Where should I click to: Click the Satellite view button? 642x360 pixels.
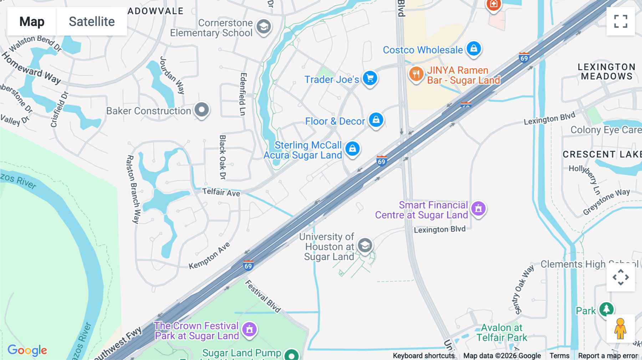(92, 22)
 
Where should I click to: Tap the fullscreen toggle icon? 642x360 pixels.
(621, 21)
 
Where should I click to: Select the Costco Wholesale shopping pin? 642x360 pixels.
(474, 48)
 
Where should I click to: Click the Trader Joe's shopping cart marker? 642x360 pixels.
(370, 78)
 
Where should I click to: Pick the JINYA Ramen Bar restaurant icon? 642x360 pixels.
(416, 74)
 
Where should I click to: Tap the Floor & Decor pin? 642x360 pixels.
(376, 120)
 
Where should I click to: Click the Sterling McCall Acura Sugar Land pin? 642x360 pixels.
(352, 149)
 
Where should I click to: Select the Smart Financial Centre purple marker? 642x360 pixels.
(478, 209)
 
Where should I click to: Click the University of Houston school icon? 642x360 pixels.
(365, 246)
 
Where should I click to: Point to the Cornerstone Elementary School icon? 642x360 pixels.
(264, 27)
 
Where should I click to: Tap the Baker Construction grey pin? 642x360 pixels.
(202, 110)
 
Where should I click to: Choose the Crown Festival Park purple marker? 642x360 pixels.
(249, 329)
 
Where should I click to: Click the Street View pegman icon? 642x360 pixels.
(620, 329)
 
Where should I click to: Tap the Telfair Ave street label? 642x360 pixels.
(221, 192)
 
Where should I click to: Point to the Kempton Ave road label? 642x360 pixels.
(209, 256)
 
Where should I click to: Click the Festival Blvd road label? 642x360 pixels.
(263, 296)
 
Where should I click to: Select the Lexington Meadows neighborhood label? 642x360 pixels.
(606, 72)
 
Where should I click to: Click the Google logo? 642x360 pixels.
(27, 350)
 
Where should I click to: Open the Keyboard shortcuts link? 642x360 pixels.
(423, 356)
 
